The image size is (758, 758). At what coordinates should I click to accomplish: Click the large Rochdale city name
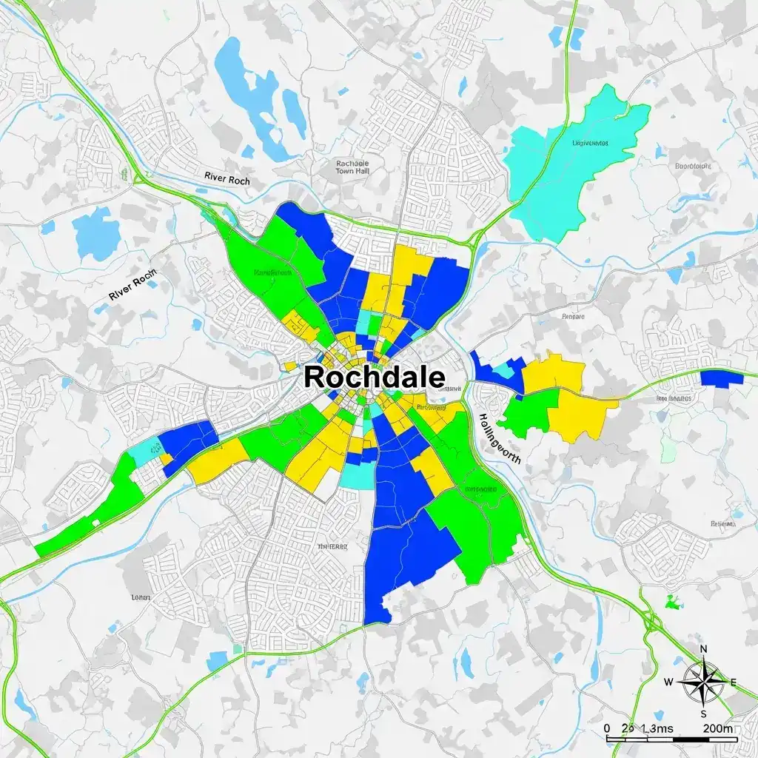point(375,377)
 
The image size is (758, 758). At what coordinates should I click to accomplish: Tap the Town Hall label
point(352,167)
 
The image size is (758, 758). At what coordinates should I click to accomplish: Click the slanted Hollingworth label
point(500,437)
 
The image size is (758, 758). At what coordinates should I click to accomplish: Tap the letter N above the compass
point(703,649)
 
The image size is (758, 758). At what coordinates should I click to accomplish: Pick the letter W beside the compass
point(668,682)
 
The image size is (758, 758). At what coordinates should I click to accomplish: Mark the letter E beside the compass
point(734,682)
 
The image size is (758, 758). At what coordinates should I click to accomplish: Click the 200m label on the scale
point(718,728)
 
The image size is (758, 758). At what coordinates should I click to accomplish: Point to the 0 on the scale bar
point(607,728)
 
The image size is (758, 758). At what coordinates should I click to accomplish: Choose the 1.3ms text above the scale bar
point(657,728)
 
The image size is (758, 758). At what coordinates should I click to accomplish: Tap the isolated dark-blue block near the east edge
point(721,378)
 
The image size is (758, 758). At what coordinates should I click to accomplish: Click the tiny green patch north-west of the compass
point(672,603)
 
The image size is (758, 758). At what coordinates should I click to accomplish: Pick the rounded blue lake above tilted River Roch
point(96,232)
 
